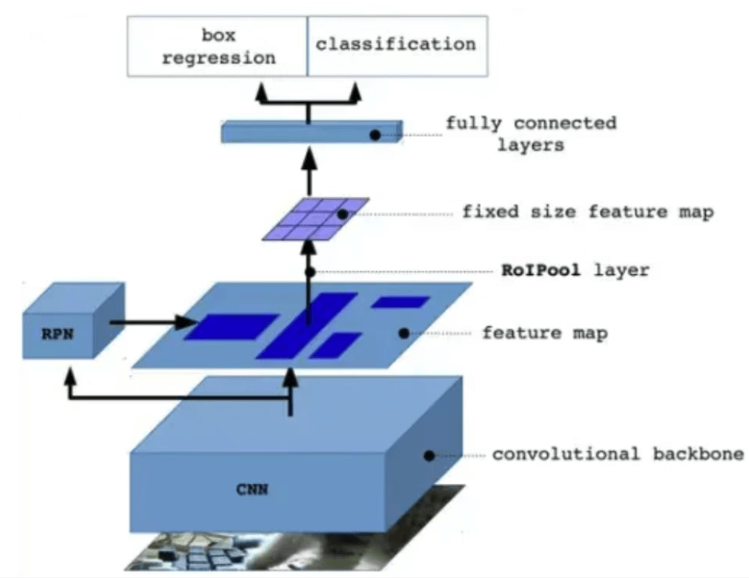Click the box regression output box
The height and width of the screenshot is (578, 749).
[218, 46]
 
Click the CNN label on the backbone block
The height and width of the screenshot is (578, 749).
[252, 490]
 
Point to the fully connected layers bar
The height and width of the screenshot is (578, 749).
[309, 133]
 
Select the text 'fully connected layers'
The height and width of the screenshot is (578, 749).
[530, 135]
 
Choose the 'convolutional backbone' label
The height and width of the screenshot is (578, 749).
[617, 454]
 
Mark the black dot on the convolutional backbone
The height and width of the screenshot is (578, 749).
[429, 456]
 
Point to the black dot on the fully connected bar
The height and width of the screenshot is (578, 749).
[374, 136]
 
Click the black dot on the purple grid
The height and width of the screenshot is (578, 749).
[342, 214]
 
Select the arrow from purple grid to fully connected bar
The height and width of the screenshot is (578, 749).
[309, 171]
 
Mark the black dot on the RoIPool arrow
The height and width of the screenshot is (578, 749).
[309, 272]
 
